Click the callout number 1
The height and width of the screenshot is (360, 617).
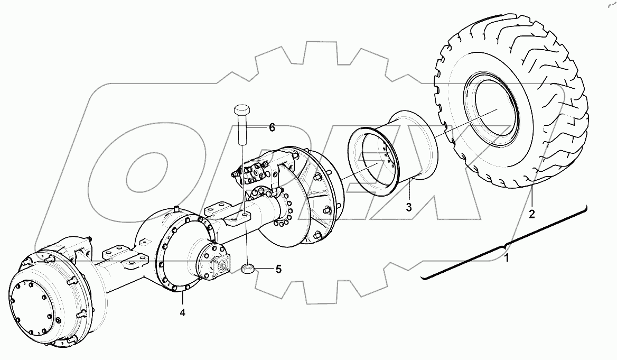507,259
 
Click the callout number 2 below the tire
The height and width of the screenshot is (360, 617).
532,214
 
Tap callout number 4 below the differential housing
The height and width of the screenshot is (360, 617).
182,312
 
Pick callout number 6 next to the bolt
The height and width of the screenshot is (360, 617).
272,127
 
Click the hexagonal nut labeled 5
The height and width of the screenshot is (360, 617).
247,269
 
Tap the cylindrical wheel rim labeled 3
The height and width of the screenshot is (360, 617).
394,153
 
